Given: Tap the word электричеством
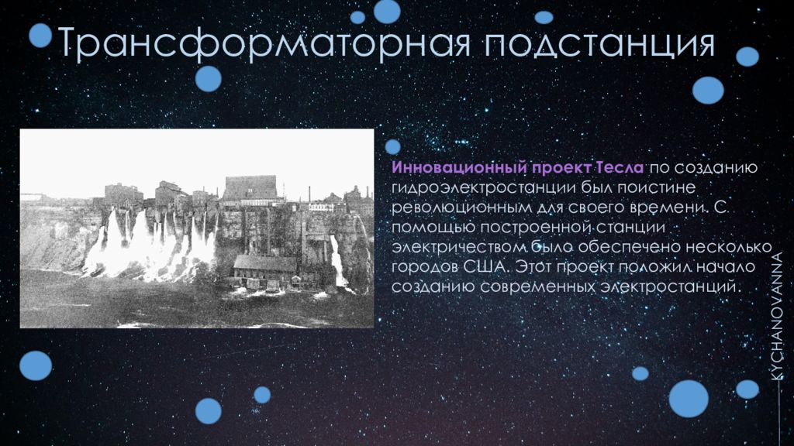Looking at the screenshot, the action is (x=459, y=247).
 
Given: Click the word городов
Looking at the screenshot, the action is (x=424, y=267).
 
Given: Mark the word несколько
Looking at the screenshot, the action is (x=728, y=247).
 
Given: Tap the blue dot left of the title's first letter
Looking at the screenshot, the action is (x=40, y=36).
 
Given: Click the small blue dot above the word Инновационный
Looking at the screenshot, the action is (x=392, y=146).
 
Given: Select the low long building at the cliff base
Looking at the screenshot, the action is (x=265, y=267).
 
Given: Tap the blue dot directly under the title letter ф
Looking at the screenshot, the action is (x=208, y=79).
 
